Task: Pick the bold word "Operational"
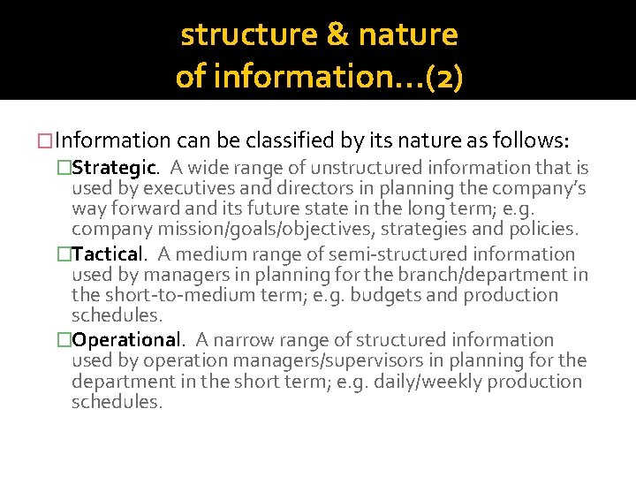125,340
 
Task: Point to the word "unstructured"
357,168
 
